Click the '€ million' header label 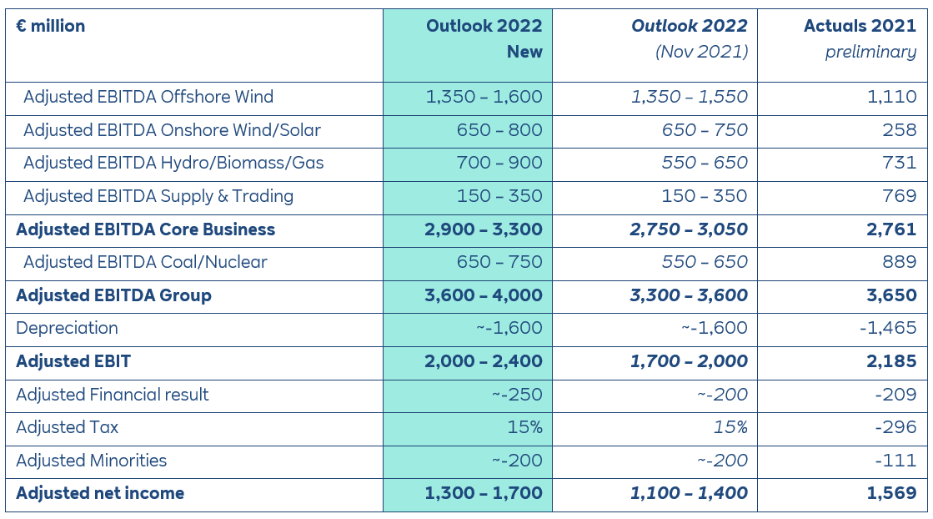(50, 26)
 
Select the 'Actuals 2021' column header (860, 26)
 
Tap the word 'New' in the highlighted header (524, 52)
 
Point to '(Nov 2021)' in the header (701, 52)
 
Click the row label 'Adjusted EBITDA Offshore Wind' (148, 97)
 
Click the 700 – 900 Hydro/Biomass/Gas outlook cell (499, 163)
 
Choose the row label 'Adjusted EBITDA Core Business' (145, 229)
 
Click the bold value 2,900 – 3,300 (484, 229)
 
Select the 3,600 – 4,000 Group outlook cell (484, 295)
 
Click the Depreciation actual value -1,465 (888, 328)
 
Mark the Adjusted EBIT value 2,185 (891, 361)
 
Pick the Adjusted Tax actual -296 (895, 427)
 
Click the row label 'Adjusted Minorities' (91, 461)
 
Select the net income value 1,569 (891, 493)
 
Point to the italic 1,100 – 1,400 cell (689, 493)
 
